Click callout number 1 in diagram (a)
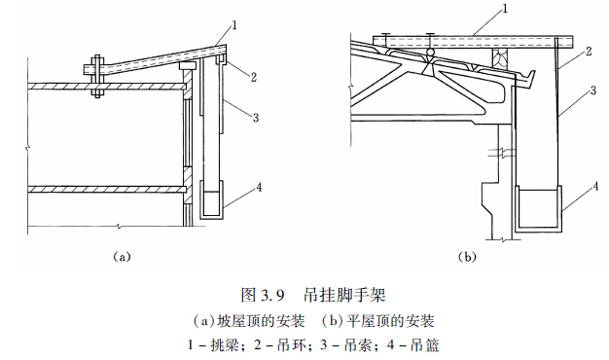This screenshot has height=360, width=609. coord(233,26)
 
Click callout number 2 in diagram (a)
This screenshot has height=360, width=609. coord(254,77)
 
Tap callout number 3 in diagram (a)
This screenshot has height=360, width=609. coord(256,118)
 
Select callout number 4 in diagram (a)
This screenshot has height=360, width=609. coord(259,188)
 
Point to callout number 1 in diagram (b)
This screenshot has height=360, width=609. coord(505,9)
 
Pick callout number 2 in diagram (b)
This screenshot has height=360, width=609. coord(589,51)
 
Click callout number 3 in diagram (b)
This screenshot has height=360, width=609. coord(593,90)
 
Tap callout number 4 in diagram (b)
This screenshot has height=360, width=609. coord(595,187)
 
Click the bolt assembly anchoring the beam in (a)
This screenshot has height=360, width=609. coord(97,76)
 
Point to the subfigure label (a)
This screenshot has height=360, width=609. coord(122,257)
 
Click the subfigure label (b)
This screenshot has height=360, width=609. coord(467,257)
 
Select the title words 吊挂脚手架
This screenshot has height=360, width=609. coord(344,295)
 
